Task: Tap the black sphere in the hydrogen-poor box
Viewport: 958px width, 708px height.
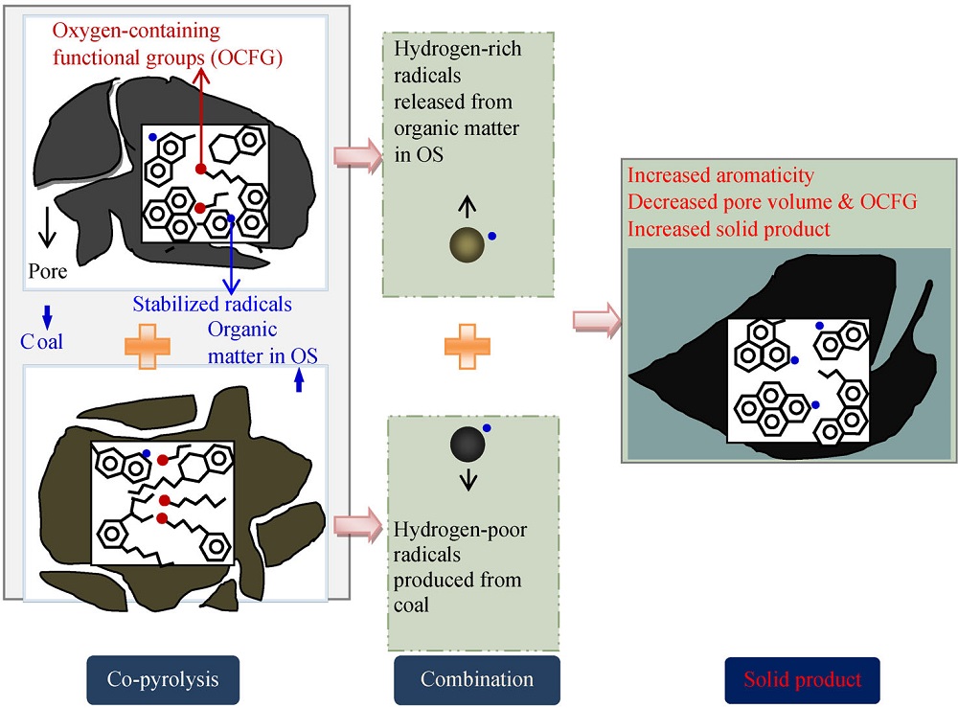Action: point(468,444)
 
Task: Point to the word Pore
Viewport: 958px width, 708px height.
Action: point(47,271)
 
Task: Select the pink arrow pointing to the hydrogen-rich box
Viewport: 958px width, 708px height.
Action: point(354,159)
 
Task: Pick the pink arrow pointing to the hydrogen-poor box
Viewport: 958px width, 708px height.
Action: point(354,526)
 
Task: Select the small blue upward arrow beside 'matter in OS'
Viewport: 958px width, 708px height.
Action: point(298,381)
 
